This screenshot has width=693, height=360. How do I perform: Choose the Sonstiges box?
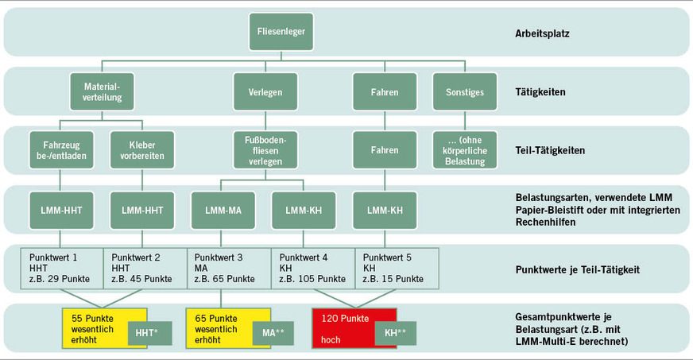click(465, 91)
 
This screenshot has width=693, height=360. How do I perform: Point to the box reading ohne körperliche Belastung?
click(465, 149)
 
